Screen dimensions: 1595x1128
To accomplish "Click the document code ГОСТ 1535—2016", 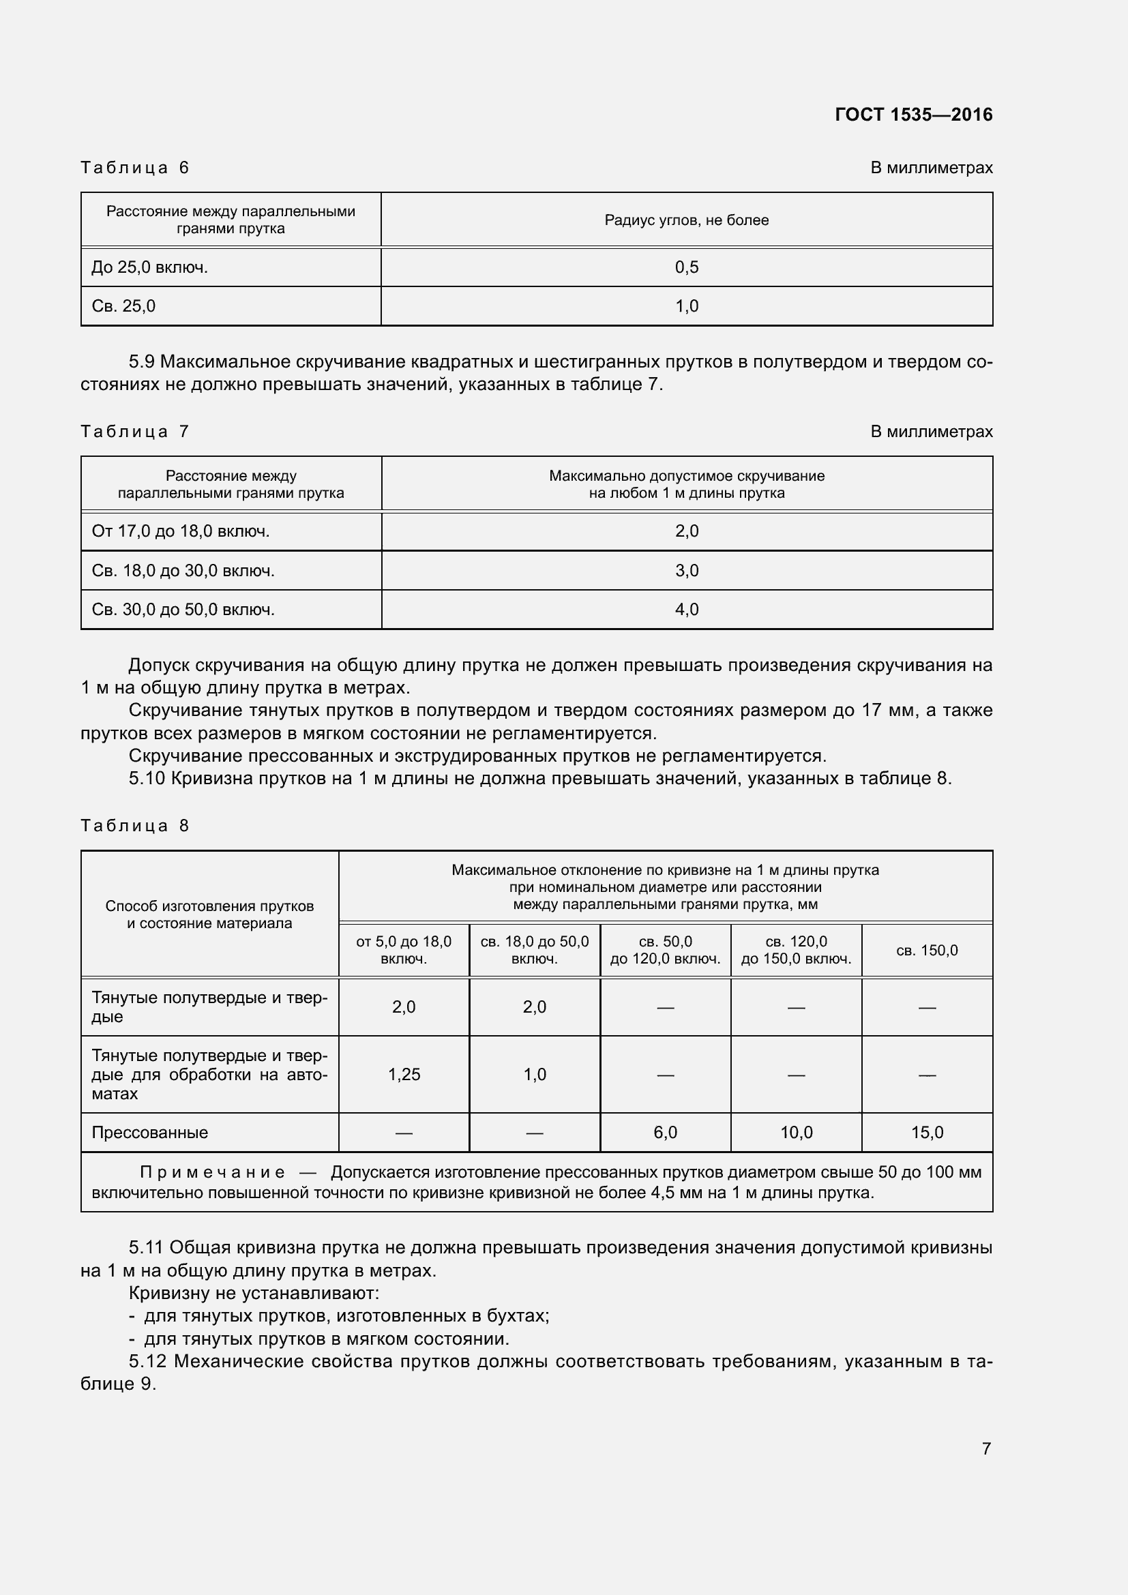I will point(912,115).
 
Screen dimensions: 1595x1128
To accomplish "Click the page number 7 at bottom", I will point(985,1448).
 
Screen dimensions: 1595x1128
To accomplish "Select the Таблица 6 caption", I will point(135,168).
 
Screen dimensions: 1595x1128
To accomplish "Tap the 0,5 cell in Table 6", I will point(686,267).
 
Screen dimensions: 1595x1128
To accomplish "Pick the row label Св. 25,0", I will point(123,306).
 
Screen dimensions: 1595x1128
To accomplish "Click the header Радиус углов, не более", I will point(686,220).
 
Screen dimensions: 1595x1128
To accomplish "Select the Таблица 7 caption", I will point(135,432).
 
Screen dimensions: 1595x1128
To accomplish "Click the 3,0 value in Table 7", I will point(686,571).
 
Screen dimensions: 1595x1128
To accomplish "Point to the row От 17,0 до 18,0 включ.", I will point(181,531).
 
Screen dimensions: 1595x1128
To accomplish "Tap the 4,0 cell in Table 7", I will point(686,610).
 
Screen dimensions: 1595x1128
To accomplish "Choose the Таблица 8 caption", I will point(135,826).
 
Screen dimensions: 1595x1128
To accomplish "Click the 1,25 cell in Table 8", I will point(404,1075).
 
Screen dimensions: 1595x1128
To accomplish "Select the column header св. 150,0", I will point(927,951).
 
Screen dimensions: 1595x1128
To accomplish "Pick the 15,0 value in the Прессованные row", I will point(927,1133).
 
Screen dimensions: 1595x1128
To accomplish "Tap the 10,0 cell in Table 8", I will point(796,1133).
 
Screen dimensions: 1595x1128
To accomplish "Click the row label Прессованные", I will point(150,1133).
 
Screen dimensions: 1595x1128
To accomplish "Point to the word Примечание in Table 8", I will point(212,1173).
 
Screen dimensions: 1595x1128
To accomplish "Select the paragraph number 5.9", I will point(142,362).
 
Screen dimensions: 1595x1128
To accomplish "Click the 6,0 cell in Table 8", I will point(665,1133).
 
